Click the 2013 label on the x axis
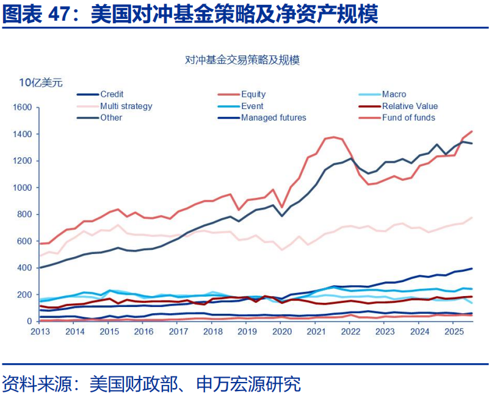coord(40,332)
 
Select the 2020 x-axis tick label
coord(281,332)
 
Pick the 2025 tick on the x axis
coord(453,332)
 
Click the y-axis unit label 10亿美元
coord(40,83)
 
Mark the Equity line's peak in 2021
coord(333,137)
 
